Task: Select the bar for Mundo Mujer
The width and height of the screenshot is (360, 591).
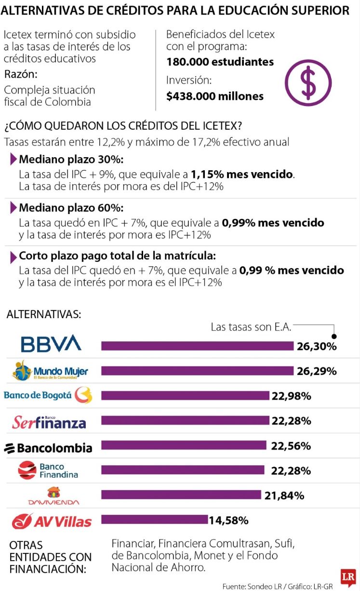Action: click(x=197, y=370)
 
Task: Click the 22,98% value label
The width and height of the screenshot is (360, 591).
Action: click(x=291, y=396)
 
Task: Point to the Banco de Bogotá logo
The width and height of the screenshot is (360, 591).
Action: click(x=47, y=395)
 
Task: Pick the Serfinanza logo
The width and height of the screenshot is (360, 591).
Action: click(x=49, y=422)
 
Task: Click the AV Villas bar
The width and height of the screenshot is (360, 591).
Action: click(x=154, y=520)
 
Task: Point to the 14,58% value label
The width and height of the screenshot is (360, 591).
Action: click(x=228, y=520)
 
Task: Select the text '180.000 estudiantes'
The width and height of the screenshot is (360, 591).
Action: click(x=220, y=62)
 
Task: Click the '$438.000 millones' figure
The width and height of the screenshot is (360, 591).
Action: click(x=215, y=96)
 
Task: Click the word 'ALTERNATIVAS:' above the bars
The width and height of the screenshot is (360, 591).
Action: click(x=44, y=314)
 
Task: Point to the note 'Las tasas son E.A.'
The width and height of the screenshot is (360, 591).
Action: click(x=251, y=327)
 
